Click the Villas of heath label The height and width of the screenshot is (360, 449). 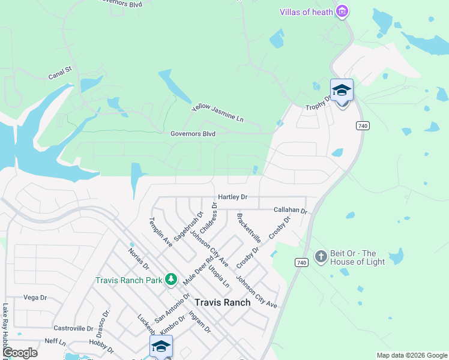306,12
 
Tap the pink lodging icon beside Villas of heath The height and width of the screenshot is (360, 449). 342,11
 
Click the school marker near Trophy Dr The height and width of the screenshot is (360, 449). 342,91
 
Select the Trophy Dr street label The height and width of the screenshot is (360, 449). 318,103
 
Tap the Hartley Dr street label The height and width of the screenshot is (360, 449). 233,197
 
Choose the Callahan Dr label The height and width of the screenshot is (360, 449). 290,211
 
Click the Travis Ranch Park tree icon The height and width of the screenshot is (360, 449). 171,280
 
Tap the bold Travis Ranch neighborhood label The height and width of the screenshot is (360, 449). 222,302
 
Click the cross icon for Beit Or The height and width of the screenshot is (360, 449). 321,257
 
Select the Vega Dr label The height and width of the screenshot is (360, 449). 35,297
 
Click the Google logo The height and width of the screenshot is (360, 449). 20,353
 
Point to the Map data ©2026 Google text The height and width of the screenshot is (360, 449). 411,355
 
